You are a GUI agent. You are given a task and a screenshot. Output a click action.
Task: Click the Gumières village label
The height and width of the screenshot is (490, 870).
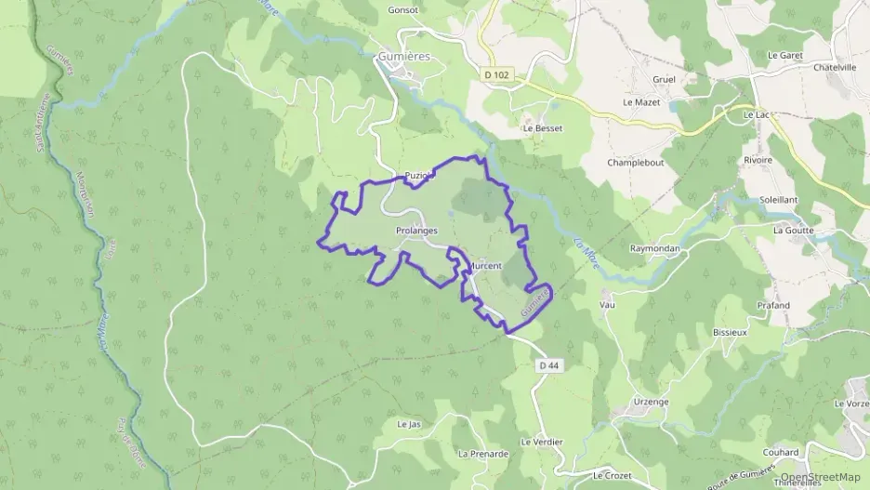404,56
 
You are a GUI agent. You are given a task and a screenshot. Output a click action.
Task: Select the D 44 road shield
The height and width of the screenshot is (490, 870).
548,365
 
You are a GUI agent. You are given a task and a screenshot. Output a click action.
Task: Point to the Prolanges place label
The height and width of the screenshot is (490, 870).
416,231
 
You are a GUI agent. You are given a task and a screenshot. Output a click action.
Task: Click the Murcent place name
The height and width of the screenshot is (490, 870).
484,266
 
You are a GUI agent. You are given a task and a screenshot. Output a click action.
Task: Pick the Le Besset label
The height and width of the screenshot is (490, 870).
543,128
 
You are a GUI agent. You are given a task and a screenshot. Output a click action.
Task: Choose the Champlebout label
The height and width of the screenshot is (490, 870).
636,162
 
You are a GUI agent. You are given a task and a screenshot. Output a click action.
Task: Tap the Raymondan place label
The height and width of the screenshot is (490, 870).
656,249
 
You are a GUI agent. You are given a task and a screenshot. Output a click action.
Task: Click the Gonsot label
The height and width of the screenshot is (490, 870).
403,9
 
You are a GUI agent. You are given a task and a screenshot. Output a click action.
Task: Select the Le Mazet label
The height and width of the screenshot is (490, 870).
640,101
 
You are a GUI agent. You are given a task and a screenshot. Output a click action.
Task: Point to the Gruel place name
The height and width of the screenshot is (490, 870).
664,79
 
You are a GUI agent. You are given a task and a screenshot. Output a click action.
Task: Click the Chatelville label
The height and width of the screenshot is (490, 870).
835,67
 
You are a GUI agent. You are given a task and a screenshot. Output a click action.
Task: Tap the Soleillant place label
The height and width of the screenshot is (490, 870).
779,199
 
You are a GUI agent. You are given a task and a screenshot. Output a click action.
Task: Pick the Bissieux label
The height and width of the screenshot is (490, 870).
730,331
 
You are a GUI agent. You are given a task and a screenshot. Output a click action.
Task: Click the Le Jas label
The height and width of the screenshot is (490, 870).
409,424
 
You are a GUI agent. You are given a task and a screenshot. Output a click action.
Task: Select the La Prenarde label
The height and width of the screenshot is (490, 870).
483,454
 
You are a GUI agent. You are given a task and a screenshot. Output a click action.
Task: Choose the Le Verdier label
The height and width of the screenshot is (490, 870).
541,441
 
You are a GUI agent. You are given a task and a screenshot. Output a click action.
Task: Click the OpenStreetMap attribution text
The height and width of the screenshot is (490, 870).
820,477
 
